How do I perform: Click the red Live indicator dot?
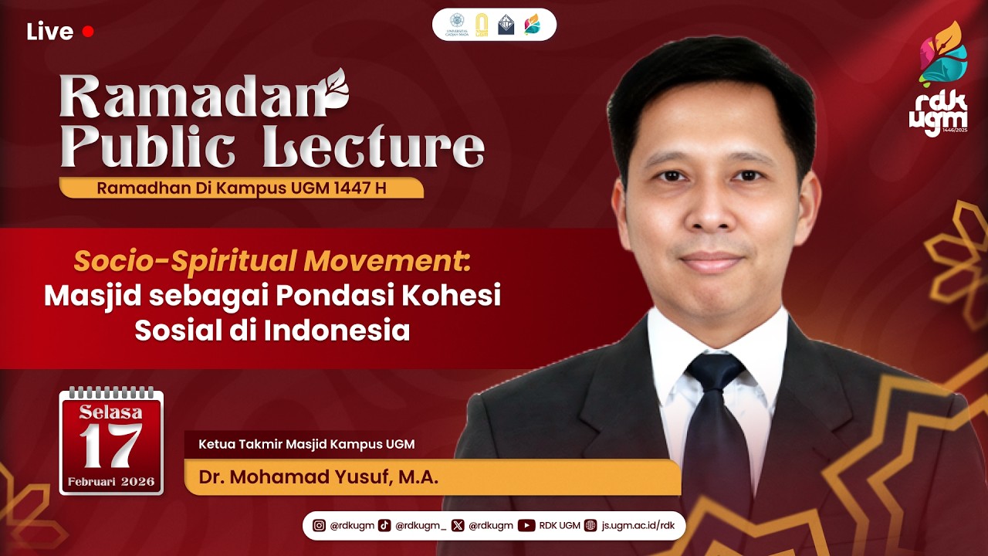click(x=88, y=32)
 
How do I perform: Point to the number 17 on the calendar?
click(x=111, y=446)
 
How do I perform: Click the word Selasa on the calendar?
click(x=111, y=412)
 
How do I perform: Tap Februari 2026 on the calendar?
click(x=111, y=482)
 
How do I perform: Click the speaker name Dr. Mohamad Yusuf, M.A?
click(x=318, y=478)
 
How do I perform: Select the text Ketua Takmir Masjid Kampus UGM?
click(x=306, y=444)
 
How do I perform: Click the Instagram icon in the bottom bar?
click(x=319, y=526)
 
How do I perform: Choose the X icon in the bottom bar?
click(x=458, y=526)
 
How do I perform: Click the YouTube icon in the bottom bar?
click(x=526, y=526)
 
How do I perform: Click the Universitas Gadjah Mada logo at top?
click(x=457, y=25)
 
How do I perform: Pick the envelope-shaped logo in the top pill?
click(x=506, y=25)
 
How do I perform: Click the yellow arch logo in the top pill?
click(x=482, y=25)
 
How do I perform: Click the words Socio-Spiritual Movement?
click(x=272, y=262)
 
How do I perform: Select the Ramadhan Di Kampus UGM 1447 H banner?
click(x=241, y=188)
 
